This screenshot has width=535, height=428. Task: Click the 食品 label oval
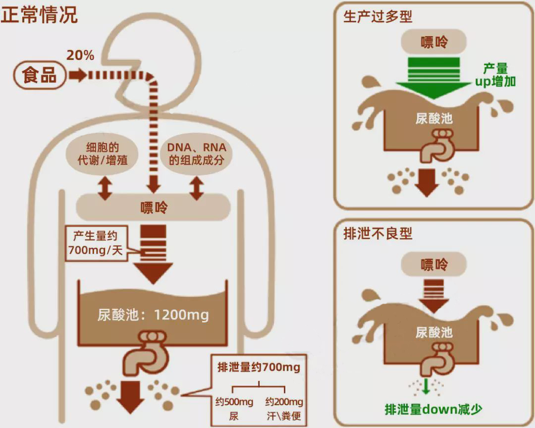point(40,76)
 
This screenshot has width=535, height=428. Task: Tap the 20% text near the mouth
point(80,55)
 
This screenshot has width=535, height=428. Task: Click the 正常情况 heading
point(39,15)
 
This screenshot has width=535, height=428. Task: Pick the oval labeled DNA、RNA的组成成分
point(197,154)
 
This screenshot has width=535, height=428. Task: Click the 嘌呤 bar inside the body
point(153,207)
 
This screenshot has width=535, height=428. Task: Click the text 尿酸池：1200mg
point(153,315)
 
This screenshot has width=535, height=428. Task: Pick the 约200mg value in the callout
point(284,401)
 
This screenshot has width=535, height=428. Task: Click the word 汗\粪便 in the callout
point(284,415)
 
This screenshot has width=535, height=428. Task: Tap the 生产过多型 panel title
point(377,16)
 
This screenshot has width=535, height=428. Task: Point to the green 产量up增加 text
point(495,75)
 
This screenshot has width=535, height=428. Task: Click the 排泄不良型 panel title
point(377,233)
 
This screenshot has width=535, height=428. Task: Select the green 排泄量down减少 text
point(433,409)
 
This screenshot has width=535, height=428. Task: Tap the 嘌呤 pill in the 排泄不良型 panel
point(434,264)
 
